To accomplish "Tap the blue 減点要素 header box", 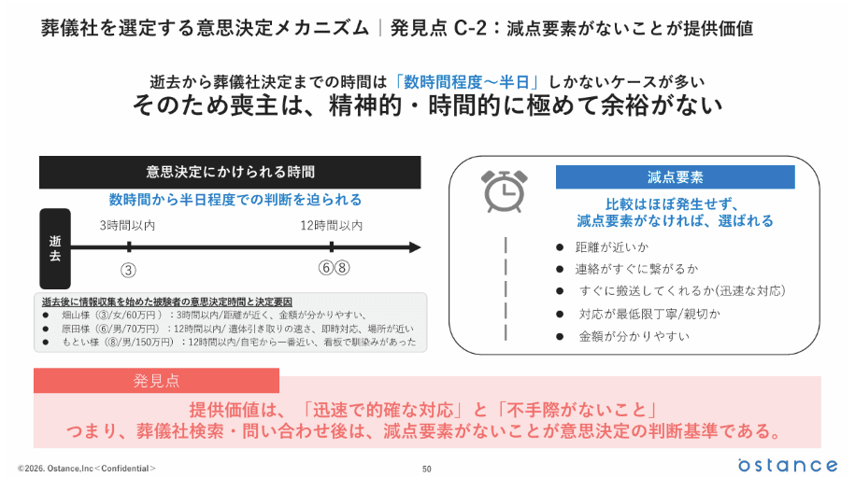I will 675,177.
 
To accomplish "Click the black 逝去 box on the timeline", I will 54,247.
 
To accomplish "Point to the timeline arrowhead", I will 414,247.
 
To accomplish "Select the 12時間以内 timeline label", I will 332,226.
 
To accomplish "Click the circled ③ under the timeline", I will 129,269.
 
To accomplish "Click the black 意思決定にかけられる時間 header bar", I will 230,172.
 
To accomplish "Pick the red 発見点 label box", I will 156,380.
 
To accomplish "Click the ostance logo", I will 787,464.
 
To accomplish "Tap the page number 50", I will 427,468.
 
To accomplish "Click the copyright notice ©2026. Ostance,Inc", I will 87,468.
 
